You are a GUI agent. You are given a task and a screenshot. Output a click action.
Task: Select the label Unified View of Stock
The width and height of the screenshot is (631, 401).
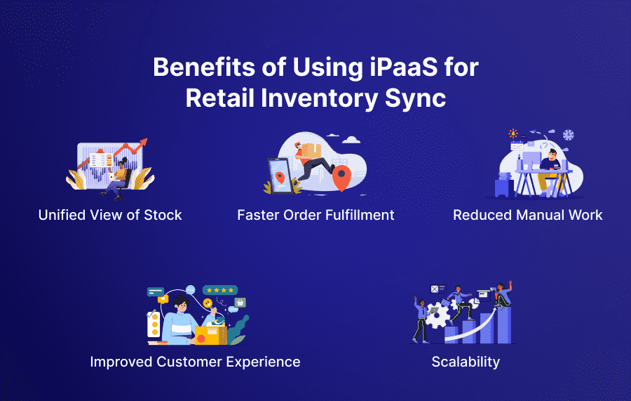click(x=110, y=216)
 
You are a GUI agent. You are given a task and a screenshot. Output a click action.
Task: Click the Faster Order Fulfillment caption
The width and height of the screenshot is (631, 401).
click(x=315, y=216)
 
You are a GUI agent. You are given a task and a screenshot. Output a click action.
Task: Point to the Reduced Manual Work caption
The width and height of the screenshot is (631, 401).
click(x=527, y=216)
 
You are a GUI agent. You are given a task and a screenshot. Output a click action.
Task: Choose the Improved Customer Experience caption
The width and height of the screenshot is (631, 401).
click(x=195, y=362)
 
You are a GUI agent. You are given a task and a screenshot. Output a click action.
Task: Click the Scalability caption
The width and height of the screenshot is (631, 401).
click(x=466, y=362)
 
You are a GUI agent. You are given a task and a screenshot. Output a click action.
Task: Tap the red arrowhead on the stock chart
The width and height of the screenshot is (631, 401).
click(x=143, y=143)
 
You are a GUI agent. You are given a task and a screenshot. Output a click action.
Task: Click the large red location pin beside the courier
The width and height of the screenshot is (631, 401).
click(x=341, y=178)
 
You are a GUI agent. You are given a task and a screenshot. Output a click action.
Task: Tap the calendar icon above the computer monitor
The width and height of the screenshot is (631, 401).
click(x=517, y=146)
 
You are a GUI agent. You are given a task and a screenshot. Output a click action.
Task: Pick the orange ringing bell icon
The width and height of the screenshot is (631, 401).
click(x=163, y=298)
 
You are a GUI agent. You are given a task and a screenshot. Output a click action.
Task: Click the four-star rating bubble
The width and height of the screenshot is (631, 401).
click(x=220, y=289)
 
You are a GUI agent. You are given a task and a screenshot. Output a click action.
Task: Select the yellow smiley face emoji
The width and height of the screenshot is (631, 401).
click(x=208, y=303)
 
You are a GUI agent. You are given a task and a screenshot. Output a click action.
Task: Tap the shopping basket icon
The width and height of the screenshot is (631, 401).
click(x=240, y=303)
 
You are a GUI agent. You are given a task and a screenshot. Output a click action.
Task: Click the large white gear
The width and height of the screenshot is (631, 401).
click(x=437, y=315)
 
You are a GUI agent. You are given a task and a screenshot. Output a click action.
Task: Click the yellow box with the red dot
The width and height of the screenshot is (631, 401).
click(x=208, y=334)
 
